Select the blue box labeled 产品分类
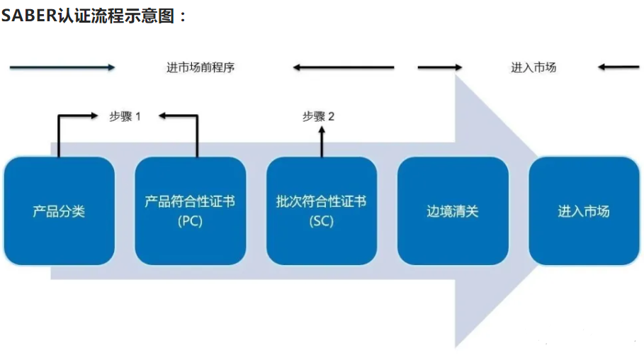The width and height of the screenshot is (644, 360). tap(59, 211)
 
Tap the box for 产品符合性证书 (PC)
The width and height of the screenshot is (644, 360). tap(190, 211)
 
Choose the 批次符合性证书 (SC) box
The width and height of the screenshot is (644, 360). tap(321, 211)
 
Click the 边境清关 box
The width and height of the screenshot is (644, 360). tap(453, 211)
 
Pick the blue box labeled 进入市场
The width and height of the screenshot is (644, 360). tap(584, 211)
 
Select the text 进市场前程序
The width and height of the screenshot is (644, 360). tap(200, 68)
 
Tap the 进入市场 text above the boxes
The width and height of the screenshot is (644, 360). tap(533, 68)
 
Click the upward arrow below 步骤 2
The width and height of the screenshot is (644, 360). tap(321, 142)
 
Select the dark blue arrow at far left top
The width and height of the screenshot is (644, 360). tap(62, 67)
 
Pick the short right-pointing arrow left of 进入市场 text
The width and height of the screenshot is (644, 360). tap(439, 68)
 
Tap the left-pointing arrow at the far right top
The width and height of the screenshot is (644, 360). tap(618, 68)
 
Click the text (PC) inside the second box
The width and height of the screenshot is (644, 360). tap(190, 221)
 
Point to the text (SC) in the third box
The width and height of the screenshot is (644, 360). tap(321, 221)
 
